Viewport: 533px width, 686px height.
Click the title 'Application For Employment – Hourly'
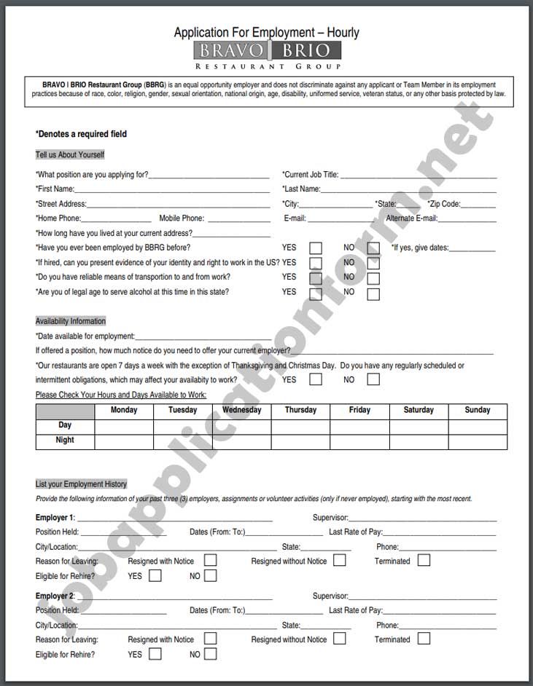tap(266, 32)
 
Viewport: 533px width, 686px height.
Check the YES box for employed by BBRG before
tap(316, 248)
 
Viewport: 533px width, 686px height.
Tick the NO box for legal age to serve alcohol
tap(373, 294)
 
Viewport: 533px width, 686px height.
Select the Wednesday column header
tap(242, 410)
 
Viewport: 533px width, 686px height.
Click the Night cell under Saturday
tap(419, 441)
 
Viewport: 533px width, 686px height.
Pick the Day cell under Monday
tap(124, 426)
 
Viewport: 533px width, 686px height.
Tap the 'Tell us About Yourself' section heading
tap(70, 154)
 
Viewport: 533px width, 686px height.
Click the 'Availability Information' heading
tap(71, 321)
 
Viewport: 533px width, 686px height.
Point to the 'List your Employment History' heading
tap(81, 484)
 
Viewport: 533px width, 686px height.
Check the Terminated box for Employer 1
tap(424, 561)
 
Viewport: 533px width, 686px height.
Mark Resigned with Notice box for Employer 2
tap(210, 639)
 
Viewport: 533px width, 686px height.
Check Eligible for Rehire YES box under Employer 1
tap(155, 576)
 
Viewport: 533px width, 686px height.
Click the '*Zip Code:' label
tap(444, 204)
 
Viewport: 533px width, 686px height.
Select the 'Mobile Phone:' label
tap(182, 218)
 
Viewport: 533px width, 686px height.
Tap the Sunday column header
tap(478, 410)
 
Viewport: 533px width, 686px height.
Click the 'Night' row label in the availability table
tap(65, 441)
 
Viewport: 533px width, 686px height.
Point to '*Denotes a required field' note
tap(81, 134)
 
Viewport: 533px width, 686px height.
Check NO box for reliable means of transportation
tap(373, 278)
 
